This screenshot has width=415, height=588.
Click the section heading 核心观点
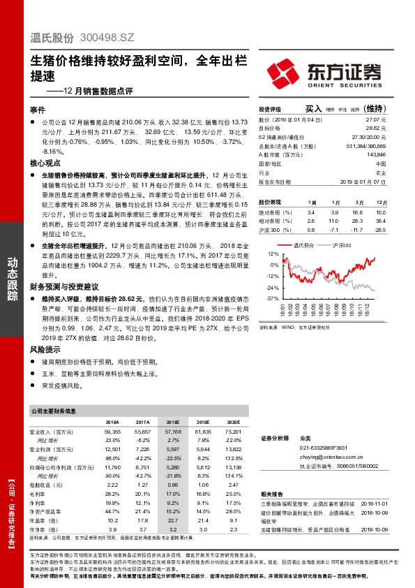[x=43, y=162]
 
